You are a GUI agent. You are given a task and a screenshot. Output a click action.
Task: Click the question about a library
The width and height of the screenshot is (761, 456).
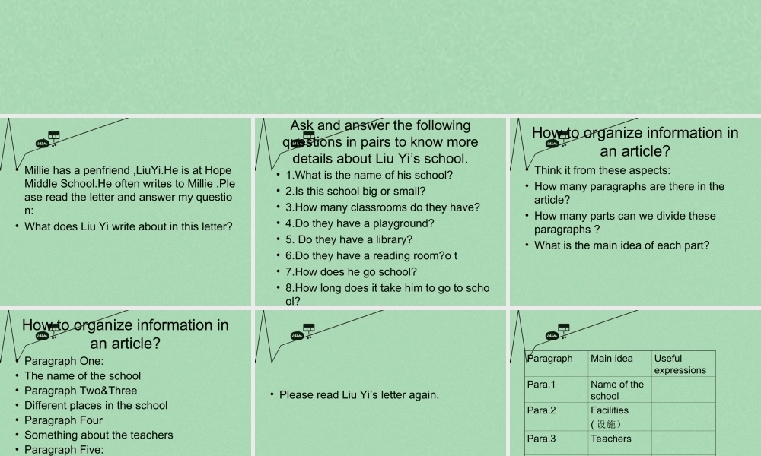[349, 239]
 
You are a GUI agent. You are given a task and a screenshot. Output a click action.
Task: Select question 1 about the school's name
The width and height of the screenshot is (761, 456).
[369, 175]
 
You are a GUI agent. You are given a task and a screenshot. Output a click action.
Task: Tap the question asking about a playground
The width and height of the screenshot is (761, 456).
[359, 223]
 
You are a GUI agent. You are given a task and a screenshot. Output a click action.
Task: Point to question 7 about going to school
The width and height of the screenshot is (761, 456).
[351, 271]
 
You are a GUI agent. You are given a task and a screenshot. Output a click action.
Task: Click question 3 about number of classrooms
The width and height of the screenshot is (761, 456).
[382, 207]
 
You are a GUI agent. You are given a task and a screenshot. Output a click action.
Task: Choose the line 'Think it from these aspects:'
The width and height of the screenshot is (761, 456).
[602, 170]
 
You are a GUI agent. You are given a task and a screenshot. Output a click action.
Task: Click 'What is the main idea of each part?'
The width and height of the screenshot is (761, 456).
[622, 245]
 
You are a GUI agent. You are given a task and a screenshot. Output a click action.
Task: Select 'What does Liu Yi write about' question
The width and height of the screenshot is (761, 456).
[128, 226]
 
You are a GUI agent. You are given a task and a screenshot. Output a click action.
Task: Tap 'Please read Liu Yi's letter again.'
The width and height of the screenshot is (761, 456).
[358, 394]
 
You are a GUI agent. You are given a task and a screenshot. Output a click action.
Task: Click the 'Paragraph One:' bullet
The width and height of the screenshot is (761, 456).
[64, 361]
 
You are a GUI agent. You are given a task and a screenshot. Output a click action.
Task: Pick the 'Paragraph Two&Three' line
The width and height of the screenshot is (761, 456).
[81, 391]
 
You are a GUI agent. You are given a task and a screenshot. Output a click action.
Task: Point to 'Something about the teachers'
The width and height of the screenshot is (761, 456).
[98, 435]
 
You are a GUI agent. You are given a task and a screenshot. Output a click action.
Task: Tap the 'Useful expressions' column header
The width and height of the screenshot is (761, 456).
[680, 364]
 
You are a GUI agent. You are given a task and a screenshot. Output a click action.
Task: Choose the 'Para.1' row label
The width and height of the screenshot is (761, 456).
[541, 385]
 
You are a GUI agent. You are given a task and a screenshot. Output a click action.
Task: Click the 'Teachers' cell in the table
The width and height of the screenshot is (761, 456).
[610, 439]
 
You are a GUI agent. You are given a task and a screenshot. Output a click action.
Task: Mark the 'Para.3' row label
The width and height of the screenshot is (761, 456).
[541, 439]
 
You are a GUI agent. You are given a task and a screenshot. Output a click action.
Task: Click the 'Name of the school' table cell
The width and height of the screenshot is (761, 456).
[616, 390]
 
